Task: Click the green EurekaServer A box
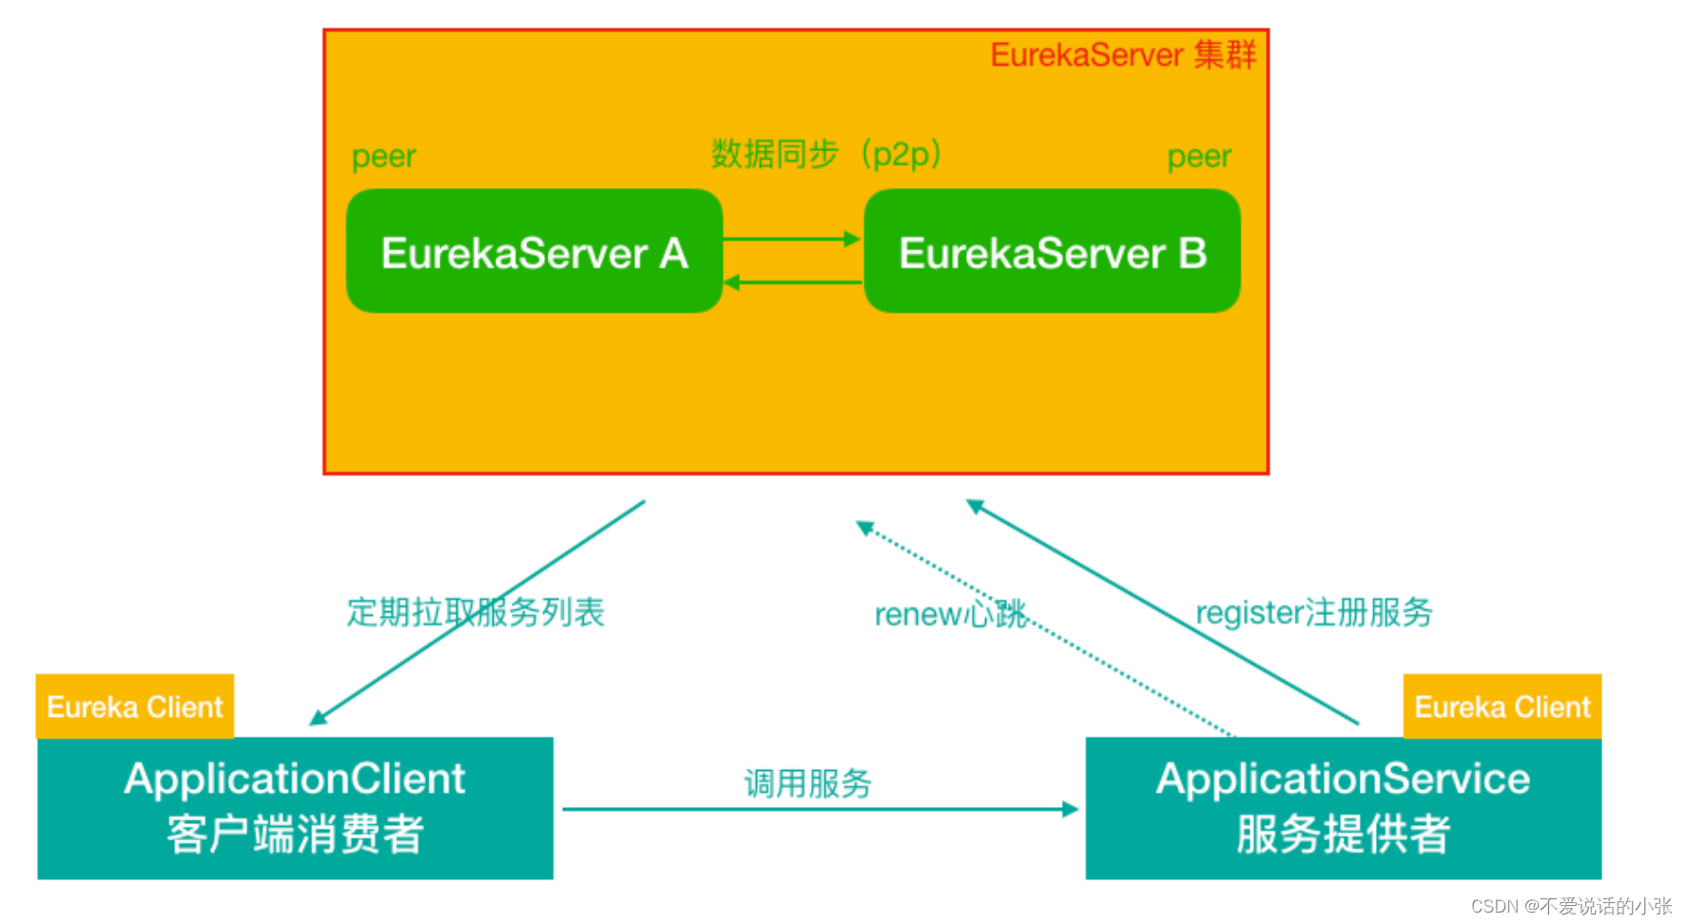[533, 252]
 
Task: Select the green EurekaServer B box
[1052, 252]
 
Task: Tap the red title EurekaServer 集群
[1123, 55]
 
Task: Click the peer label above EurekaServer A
[383, 156]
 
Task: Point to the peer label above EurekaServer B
[1198, 156]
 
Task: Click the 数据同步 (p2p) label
[826, 154]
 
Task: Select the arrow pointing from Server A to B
[791, 239]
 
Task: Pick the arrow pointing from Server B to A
[791, 282]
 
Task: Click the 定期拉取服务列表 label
[475, 612]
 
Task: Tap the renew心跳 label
[950, 614]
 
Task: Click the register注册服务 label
[1313, 612]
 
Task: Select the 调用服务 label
[807, 783]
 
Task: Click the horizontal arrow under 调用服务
[818, 809]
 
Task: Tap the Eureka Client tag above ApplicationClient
[134, 706]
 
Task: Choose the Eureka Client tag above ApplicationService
[1502, 706]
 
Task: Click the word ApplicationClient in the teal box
[295, 779]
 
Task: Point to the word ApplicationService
[1343, 779]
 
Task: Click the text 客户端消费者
[295, 835]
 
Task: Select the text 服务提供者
[1343, 835]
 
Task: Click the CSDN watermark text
[1570, 906]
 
